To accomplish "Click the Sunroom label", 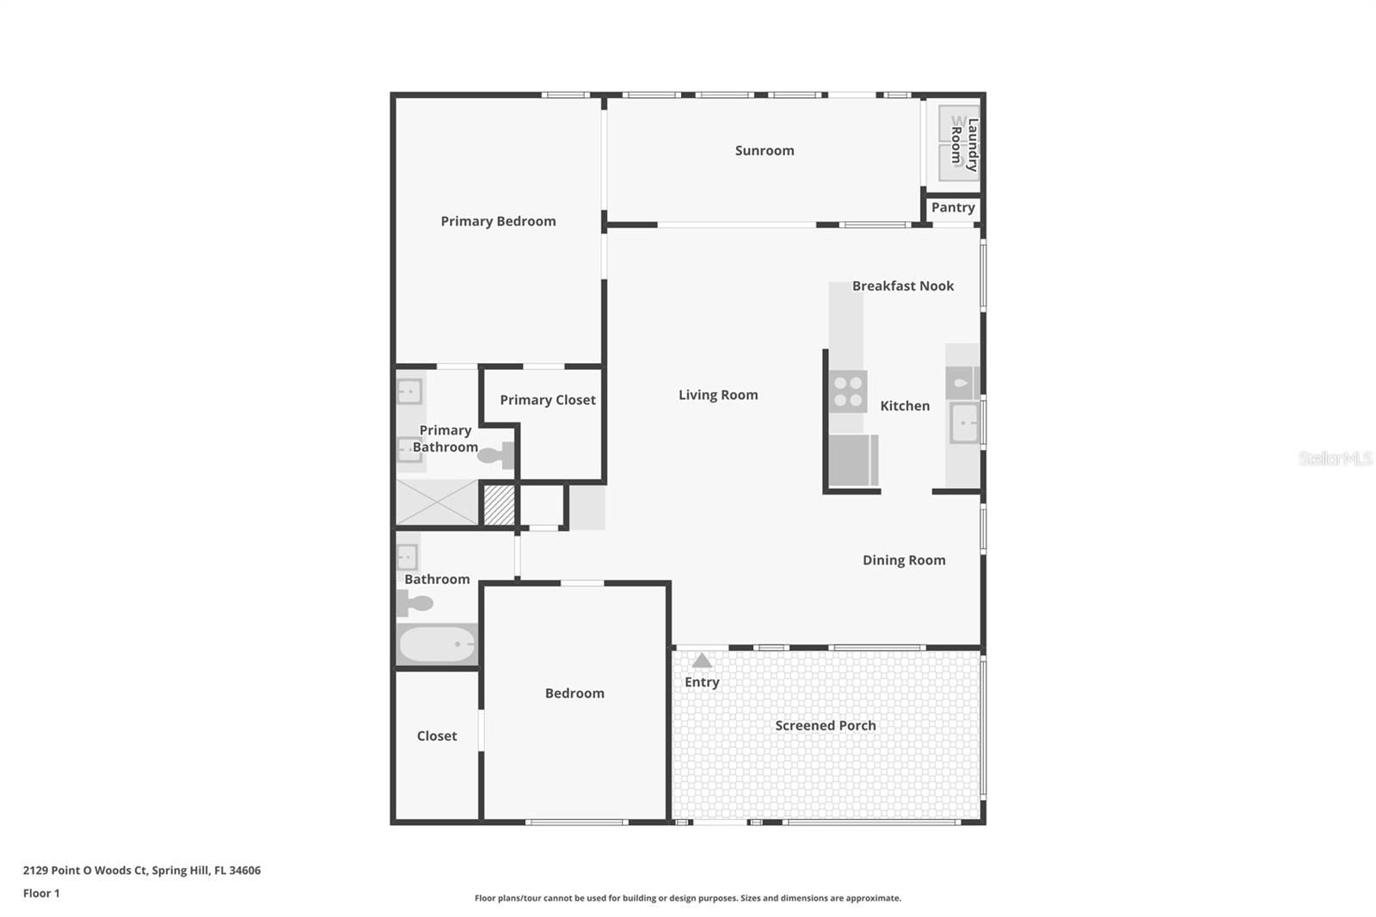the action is (765, 151).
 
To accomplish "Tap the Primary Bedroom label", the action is (498, 221).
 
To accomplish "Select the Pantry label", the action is (953, 207).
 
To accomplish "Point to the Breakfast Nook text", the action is (902, 286).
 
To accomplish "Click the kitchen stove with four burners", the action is (848, 391).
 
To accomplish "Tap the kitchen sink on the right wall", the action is (964, 423).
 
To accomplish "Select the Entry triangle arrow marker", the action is (702, 661).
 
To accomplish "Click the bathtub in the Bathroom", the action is (437, 644).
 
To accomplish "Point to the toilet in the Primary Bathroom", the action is (495, 455).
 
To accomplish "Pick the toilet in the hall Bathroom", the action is (414, 604).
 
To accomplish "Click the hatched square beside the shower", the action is (499, 506).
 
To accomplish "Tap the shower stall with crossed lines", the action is (437, 502).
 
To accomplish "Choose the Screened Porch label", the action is (825, 726).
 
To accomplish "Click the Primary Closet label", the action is (547, 400).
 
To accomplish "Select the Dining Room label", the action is (904, 560).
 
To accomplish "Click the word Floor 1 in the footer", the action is (42, 893).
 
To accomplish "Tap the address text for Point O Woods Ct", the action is (142, 871).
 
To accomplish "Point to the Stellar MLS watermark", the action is (1335, 458).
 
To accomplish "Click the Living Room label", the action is (718, 395).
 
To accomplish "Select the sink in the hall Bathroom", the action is (408, 557).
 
